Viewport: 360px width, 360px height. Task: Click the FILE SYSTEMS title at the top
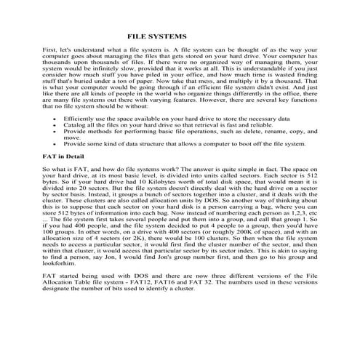pyautogui.click(x=157, y=36)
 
